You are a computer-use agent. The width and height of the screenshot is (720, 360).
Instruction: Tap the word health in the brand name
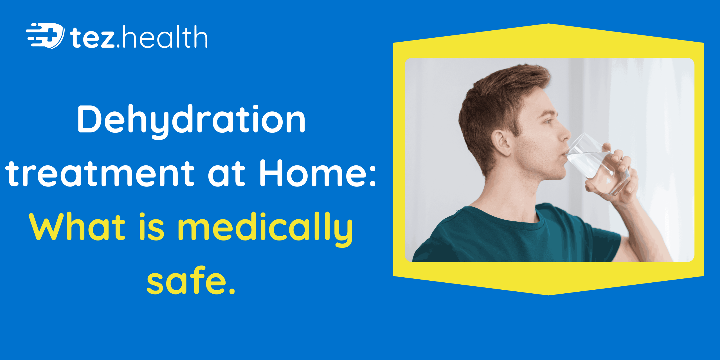coord(165,37)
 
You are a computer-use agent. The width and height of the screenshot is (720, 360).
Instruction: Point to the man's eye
coord(548,121)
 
